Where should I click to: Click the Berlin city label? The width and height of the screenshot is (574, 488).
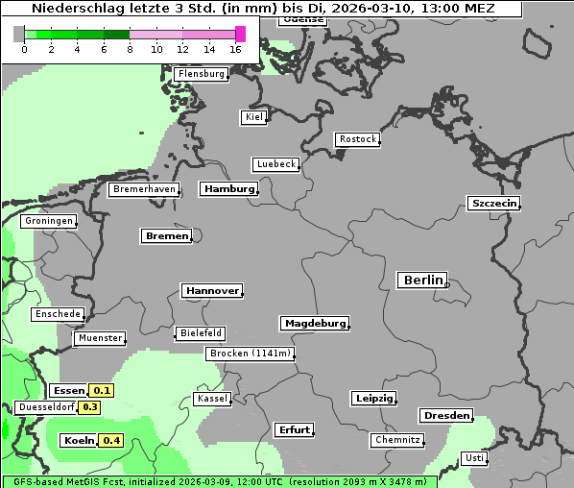click(421, 281)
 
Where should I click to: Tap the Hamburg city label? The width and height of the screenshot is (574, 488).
click(228, 189)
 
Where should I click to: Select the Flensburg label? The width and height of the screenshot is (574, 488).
click(202, 74)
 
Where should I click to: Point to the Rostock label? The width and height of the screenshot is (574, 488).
click(357, 139)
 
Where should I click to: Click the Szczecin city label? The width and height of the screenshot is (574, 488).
click(493, 203)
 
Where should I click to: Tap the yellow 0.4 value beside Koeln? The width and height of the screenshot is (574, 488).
click(111, 441)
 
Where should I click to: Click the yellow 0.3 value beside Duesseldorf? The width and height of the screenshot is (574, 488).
click(90, 407)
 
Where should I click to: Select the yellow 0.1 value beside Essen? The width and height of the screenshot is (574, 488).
click(102, 391)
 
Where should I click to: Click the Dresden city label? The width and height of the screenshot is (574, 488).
click(445, 416)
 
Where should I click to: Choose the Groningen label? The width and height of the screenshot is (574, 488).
click(49, 221)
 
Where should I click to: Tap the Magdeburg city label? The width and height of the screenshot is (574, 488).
click(314, 324)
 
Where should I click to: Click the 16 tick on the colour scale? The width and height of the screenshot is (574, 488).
click(236, 49)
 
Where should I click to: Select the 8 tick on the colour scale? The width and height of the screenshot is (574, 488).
click(130, 49)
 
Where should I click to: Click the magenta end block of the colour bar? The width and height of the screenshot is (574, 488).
click(240, 34)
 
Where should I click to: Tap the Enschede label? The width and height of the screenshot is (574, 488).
click(58, 314)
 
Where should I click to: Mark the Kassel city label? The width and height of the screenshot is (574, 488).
click(211, 399)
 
